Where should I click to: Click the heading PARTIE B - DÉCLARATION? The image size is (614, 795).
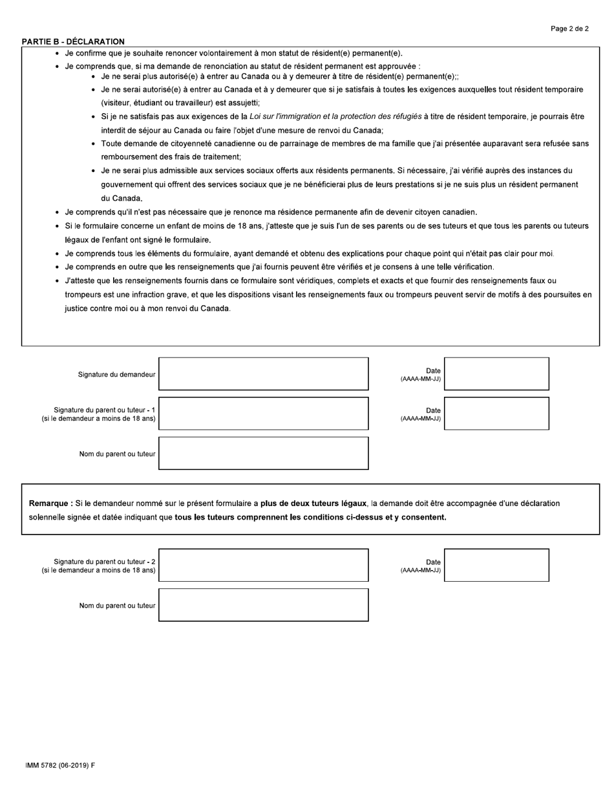click(x=73, y=41)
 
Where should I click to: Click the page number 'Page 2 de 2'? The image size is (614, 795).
click(x=569, y=28)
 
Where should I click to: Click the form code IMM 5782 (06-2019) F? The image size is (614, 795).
click(x=60, y=765)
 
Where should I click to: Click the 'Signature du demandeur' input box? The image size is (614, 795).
click(x=263, y=374)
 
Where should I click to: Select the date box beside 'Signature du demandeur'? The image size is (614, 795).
click(x=496, y=374)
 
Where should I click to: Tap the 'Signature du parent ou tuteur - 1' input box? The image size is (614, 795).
click(x=263, y=413)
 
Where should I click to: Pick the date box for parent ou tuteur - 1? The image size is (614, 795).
click(x=496, y=413)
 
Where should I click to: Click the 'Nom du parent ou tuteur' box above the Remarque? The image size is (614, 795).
click(x=263, y=453)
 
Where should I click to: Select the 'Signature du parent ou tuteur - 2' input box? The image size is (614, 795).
click(x=263, y=565)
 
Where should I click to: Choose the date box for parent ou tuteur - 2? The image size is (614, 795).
click(x=496, y=565)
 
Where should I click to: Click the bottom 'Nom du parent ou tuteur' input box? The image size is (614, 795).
click(x=263, y=605)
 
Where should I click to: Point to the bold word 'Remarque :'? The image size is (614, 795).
click(x=51, y=503)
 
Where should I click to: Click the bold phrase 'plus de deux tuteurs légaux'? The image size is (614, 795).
click(x=313, y=503)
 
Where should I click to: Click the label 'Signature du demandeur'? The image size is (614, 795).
click(x=116, y=374)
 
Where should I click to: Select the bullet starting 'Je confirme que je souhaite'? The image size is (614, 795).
click(x=233, y=53)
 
